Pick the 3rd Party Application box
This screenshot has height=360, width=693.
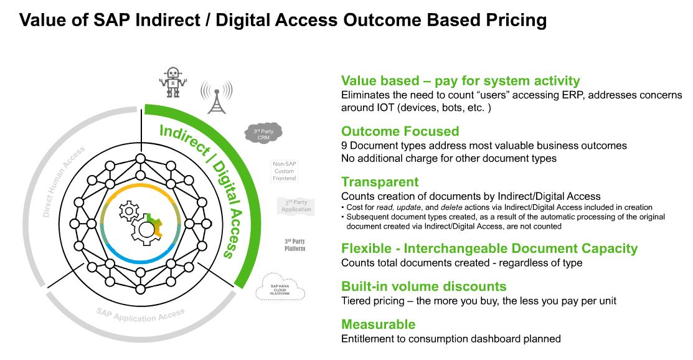296,206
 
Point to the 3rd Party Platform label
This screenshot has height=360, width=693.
295,244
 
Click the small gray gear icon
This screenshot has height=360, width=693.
129,211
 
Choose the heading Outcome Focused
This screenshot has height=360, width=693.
400,131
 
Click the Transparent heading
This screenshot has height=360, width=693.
380,182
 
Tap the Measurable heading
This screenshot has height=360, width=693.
378,324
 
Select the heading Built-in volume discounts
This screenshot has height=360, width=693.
423,287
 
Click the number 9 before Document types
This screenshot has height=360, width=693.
344,146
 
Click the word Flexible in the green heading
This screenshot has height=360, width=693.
367,249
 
